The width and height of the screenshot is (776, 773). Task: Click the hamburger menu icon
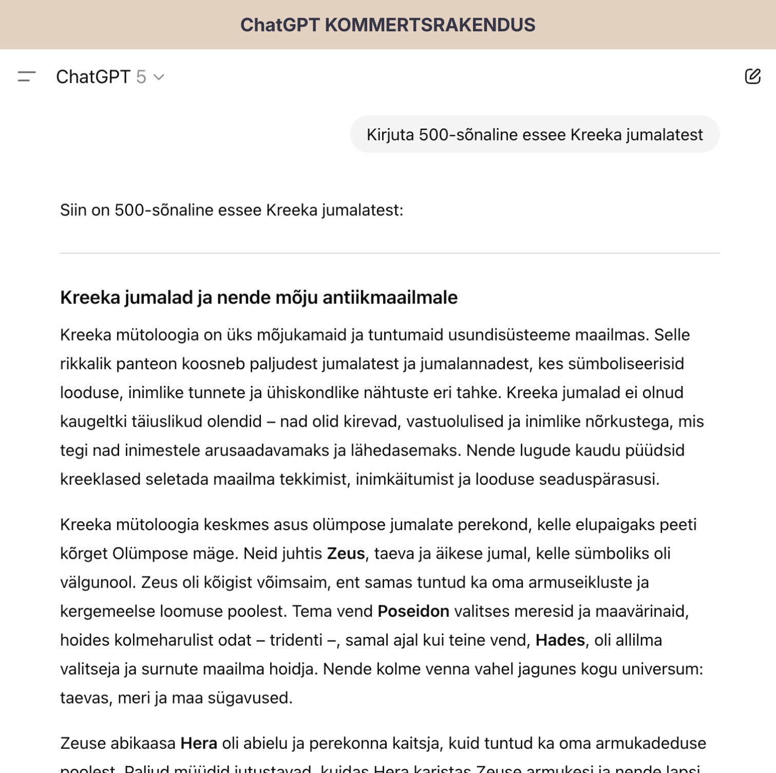27,77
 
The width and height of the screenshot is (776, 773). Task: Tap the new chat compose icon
752,77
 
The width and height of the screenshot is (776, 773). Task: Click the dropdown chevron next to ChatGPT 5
159,78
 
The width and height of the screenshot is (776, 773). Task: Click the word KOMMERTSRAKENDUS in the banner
430,25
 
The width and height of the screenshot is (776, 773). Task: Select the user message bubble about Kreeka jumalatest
534,135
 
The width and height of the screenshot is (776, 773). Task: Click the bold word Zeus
346,554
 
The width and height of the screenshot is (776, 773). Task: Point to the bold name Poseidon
413,611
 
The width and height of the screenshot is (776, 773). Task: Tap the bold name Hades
560,640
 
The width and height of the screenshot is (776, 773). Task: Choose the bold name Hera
199,743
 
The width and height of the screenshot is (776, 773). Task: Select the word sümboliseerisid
633,364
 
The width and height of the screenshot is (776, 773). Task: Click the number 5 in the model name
141,77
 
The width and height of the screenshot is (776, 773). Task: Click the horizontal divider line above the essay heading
389,253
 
